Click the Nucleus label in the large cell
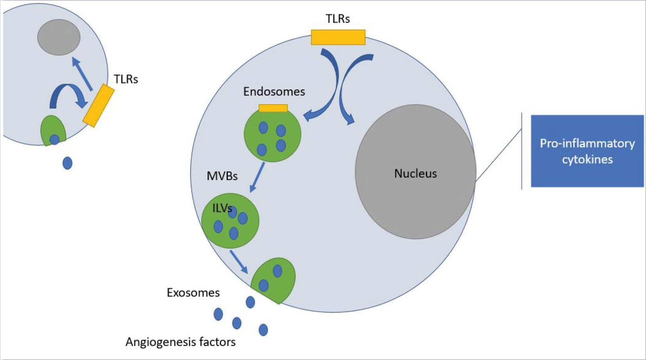415,173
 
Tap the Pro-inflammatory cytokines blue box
587,151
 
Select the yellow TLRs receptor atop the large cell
338,37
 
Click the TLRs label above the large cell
337,19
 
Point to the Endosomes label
274,92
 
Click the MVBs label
222,176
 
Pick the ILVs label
221,208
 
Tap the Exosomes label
193,293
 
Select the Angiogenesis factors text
180,342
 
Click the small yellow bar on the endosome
273,108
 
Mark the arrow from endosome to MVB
257,177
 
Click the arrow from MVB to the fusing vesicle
239,262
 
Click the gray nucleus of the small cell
59,37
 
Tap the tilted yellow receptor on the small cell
98,105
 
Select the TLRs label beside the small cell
126,79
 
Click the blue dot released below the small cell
67,163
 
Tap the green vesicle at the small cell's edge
53,130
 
